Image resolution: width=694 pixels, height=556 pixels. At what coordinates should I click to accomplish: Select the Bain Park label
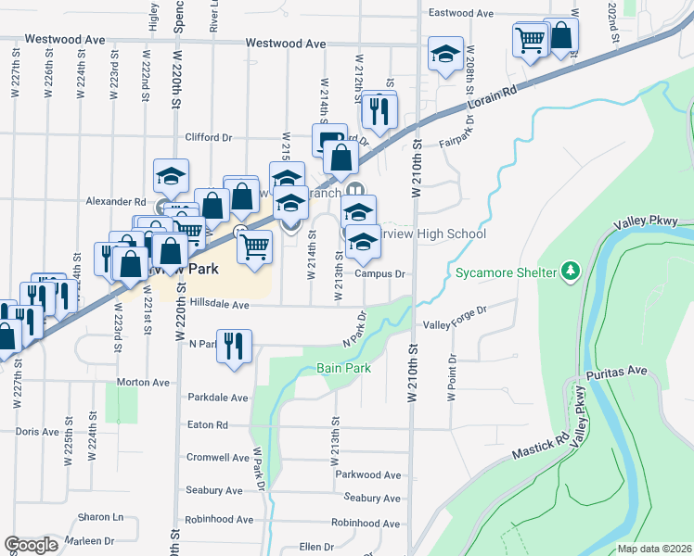click(343, 368)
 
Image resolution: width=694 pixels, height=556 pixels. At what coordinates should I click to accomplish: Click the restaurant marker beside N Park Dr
click(233, 347)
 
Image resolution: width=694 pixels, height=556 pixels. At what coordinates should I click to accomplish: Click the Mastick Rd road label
click(542, 449)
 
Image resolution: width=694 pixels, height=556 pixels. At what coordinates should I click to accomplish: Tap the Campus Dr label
click(379, 274)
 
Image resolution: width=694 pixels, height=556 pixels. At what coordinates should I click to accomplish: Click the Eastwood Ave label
click(460, 14)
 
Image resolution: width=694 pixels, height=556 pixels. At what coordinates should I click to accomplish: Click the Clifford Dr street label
click(208, 137)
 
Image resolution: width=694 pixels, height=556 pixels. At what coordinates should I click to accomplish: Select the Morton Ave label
click(143, 382)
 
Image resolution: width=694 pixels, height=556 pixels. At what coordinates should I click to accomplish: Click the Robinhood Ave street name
click(220, 521)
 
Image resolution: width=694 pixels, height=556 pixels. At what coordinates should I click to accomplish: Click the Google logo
click(32, 545)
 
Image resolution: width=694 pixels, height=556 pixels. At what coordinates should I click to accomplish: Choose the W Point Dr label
click(452, 376)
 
